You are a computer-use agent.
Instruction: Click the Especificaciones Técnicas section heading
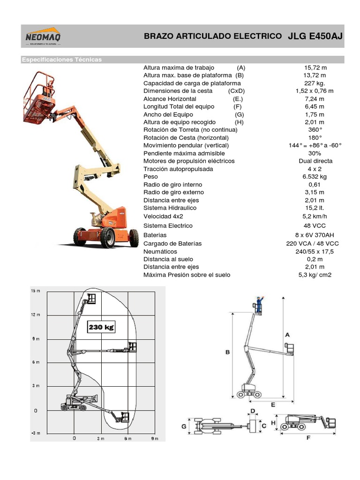62,60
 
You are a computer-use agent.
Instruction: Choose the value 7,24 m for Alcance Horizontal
315,99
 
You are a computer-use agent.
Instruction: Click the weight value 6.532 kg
315,177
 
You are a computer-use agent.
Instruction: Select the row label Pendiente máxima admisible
184,153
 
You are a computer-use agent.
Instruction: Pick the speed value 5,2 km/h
315,216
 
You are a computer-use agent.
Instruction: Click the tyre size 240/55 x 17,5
315,252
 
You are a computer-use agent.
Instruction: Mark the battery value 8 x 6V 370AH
315,235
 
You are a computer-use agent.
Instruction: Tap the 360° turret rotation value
315,130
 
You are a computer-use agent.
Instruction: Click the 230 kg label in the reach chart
101,327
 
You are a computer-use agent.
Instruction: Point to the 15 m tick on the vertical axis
36,291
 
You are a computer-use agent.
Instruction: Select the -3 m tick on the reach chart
36,433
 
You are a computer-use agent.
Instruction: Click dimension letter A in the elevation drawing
287,334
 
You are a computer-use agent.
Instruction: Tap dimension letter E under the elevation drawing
272,404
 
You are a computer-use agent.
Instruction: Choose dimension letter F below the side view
308,438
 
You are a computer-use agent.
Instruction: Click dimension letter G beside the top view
184,426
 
